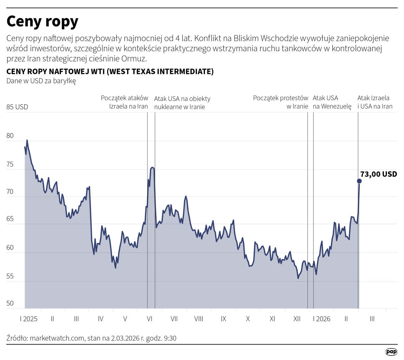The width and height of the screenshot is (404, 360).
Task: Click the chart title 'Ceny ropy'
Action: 43,22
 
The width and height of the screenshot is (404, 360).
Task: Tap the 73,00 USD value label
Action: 379,174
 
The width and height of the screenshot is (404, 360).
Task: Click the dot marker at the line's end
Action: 359,181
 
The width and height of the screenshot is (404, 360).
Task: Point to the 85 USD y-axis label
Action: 17,107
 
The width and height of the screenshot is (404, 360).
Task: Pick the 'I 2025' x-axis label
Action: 29,319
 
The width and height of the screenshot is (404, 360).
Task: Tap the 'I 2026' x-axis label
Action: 322,319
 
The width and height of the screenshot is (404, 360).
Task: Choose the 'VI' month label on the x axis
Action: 149,319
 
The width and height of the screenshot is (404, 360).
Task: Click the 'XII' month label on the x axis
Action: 297,319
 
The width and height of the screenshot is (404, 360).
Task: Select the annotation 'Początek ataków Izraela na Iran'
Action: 124,102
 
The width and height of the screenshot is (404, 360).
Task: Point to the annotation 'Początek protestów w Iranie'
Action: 281,102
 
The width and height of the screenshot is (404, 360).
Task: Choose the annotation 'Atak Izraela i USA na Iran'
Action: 375,102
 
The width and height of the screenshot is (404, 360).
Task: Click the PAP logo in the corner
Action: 391,352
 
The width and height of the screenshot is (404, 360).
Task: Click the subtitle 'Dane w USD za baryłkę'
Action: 41,81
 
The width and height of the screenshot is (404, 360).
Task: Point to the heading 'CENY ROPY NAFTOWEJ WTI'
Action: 56,71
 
